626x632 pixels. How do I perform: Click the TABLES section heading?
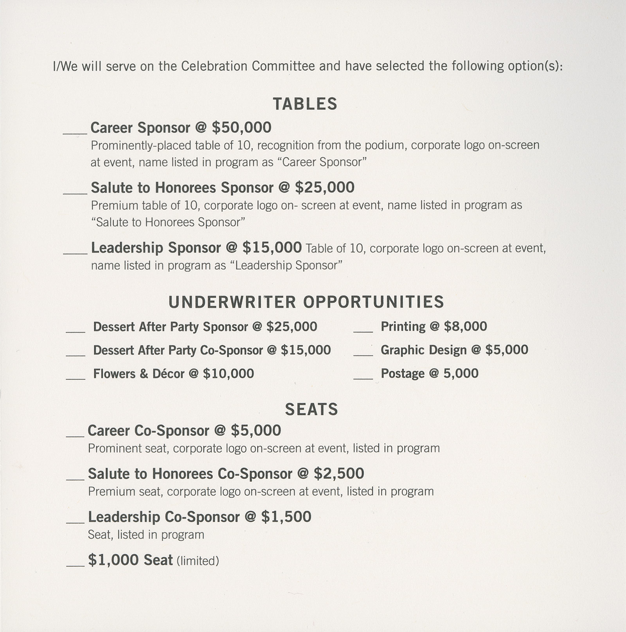305,104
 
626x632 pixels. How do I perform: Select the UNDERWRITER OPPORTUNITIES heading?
306,302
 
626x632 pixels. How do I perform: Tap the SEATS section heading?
311,409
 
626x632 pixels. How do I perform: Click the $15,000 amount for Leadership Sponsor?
272,248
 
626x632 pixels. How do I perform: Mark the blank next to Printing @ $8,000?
363,331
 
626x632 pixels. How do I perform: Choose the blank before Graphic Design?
363,355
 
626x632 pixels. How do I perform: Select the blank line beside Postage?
363,378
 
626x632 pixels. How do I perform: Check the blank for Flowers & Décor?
76,378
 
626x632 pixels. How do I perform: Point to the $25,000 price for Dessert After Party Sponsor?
291,327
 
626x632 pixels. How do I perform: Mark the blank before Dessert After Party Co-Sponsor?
76,355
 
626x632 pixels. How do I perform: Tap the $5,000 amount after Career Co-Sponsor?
256,430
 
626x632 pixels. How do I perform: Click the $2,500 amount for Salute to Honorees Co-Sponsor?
339,474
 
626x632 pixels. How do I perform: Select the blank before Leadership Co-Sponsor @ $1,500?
75,522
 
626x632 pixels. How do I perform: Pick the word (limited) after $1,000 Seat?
198,561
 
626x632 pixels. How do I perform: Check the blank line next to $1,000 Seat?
75,565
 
